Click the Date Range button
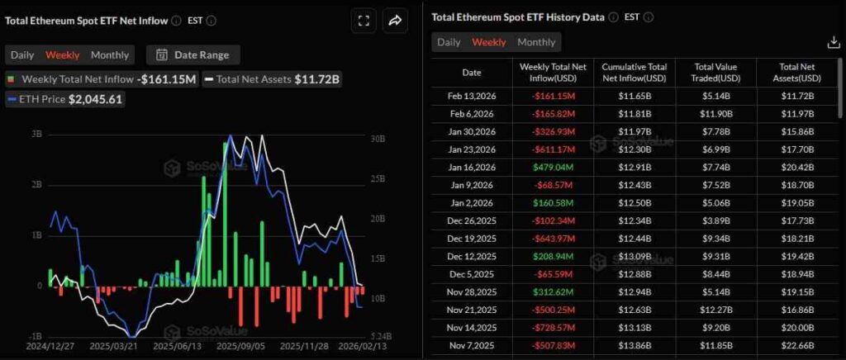pyautogui.click(x=193, y=55)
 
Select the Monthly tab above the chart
pyautogui.click(x=110, y=55)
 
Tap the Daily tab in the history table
pyautogui.click(x=449, y=42)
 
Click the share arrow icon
pyautogui.click(x=395, y=21)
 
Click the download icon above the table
pyautogui.click(x=833, y=43)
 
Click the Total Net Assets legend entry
pyautogui.click(x=273, y=79)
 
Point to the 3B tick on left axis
pyautogui.click(x=36, y=134)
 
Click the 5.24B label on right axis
pyautogui.click(x=376, y=336)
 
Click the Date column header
pyautogui.click(x=471, y=73)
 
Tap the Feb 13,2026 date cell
pyautogui.click(x=471, y=97)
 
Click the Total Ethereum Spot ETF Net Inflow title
pyautogui.click(x=86, y=21)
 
